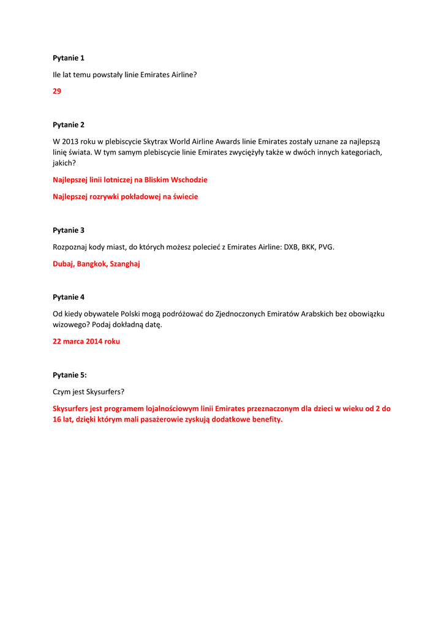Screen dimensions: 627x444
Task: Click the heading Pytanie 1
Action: [68, 58]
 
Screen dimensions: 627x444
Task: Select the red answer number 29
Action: [57, 91]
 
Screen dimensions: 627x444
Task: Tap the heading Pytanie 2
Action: [68, 125]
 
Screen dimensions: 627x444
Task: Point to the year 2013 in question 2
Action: [71, 141]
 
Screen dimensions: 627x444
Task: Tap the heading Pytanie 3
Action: [68, 230]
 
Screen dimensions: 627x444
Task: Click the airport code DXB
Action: [292, 247]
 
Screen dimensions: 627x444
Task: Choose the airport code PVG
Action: [326, 247]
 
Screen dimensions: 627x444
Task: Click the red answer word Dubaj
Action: [63, 264]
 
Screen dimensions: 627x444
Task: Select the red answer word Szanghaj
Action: [125, 264]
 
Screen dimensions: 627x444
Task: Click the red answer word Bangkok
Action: [92, 264]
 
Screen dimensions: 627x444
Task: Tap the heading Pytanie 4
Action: [68, 297]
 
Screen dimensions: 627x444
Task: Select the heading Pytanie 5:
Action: [69, 375]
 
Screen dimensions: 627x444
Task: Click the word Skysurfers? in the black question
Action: [105, 392]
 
